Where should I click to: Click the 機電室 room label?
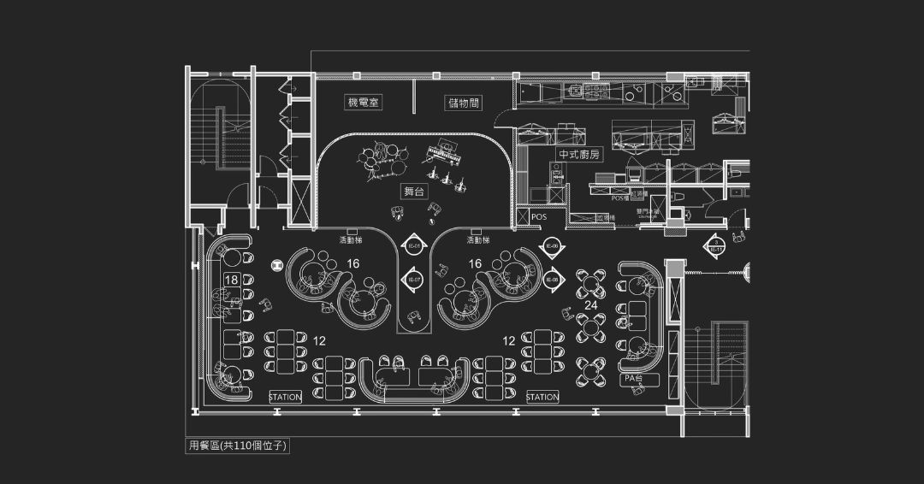[363, 103]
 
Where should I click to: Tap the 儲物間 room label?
[463, 103]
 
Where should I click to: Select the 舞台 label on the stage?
[413, 192]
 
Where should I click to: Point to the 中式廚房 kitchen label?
[579, 155]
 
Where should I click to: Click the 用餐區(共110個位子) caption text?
[237, 446]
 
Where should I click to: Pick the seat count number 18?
[231, 280]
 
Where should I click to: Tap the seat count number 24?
[590, 304]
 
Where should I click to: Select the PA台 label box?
[634, 378]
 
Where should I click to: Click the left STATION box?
[285, 398]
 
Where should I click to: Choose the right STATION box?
[542, 398]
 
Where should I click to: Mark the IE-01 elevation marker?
[412, 245]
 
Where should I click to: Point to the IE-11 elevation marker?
[715, 246]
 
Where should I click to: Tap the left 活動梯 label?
[352, 239]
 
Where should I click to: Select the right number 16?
[475, 263]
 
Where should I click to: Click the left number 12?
[319, 340]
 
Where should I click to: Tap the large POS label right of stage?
[538, 217]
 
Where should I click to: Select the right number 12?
[509, 340]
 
